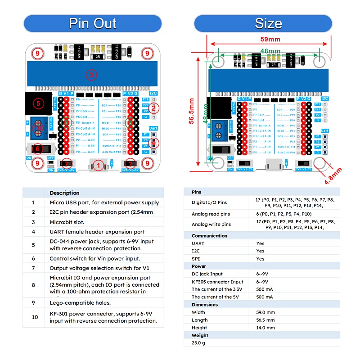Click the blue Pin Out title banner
[x=92, y=23]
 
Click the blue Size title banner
[x=268, y=23]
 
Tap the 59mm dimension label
[x=268, y=39]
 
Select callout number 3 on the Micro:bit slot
[x=91, y=75]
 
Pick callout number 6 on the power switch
[x=38, y=148]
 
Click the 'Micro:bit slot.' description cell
[x=67, y=222]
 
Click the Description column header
[x=64, y=193]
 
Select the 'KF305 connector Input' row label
[x=217, y=282]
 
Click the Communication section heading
[x=210, y=236]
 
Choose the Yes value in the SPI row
[x=260, y=259]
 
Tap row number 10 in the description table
[x=33, y=317]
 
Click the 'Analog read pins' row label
[x=211, y=214]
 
